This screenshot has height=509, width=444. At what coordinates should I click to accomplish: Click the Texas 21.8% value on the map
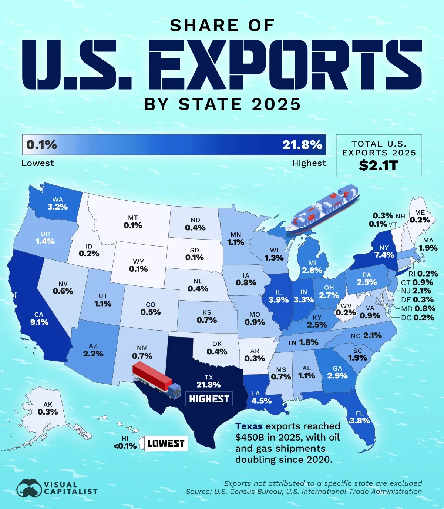click(209, 385)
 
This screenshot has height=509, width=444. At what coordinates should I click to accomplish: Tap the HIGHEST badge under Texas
click(209, 399)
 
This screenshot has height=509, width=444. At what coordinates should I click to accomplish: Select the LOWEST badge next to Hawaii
click(166, 443)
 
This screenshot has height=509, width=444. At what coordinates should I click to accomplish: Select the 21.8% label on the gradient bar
click(302, 145)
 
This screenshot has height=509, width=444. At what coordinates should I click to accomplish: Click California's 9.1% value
click(40, 322)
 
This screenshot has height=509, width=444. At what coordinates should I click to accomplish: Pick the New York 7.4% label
click(384, 255)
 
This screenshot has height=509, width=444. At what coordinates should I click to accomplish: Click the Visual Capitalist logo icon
click(30, 488)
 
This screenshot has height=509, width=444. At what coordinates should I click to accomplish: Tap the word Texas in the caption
click(249, 426)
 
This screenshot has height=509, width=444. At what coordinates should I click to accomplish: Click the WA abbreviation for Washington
click(57, 200)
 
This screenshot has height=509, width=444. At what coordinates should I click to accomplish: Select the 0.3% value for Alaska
click(48, 412)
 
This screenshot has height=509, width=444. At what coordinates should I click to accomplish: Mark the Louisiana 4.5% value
click(261, 401)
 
